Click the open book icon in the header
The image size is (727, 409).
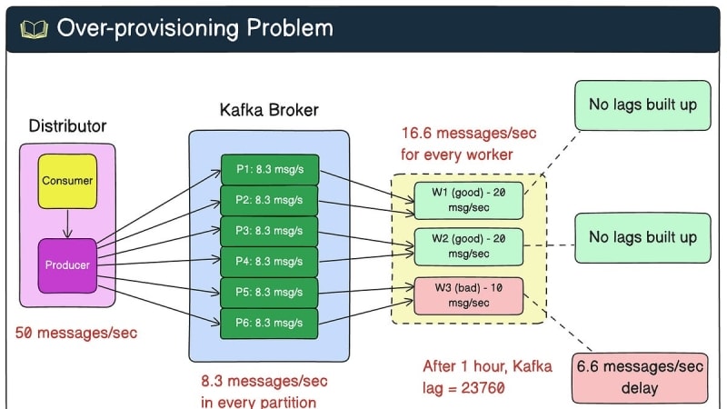34,28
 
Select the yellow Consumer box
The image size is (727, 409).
67,181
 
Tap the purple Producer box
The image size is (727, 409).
67,264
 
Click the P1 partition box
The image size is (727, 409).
269,170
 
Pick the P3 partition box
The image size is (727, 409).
269,231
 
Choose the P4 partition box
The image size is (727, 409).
269,261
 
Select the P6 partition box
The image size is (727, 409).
269,321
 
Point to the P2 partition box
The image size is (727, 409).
269,200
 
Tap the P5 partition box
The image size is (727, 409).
269,291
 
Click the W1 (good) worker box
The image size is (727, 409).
468,201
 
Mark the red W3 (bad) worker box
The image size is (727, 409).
468,294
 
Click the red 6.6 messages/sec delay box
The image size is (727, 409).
640,377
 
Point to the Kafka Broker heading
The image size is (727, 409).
269,110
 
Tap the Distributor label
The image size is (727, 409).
67,125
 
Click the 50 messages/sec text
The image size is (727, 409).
76,333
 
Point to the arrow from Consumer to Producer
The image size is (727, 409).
67,223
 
